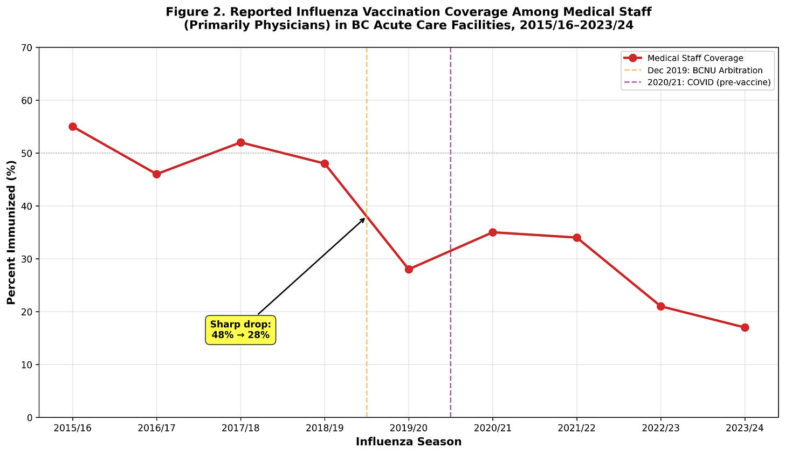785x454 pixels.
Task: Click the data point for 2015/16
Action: (x=73, y=127)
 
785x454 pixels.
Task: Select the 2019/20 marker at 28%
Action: (x=409, y=269)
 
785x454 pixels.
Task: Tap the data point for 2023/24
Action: (x=745, y=327)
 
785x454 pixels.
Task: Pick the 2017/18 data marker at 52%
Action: (x=240, y=142)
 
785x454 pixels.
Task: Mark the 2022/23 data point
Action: (x=660, y=306)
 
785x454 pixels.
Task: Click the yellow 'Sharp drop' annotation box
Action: (x=240, y=330)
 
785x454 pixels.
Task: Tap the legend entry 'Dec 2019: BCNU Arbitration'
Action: (x=705, y=71)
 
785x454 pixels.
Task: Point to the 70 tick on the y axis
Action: (x=27, y=47)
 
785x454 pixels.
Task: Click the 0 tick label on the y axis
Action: (x=30, y=417)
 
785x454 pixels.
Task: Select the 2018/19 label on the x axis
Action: (x=325, y=428)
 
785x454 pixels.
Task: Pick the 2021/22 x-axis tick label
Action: (x=576, y=428)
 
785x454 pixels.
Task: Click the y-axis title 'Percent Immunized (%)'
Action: (x=11, y=232)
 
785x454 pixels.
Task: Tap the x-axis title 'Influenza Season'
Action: (x=408, y=442)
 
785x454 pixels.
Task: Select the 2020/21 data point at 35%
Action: (x=492, y=232)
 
